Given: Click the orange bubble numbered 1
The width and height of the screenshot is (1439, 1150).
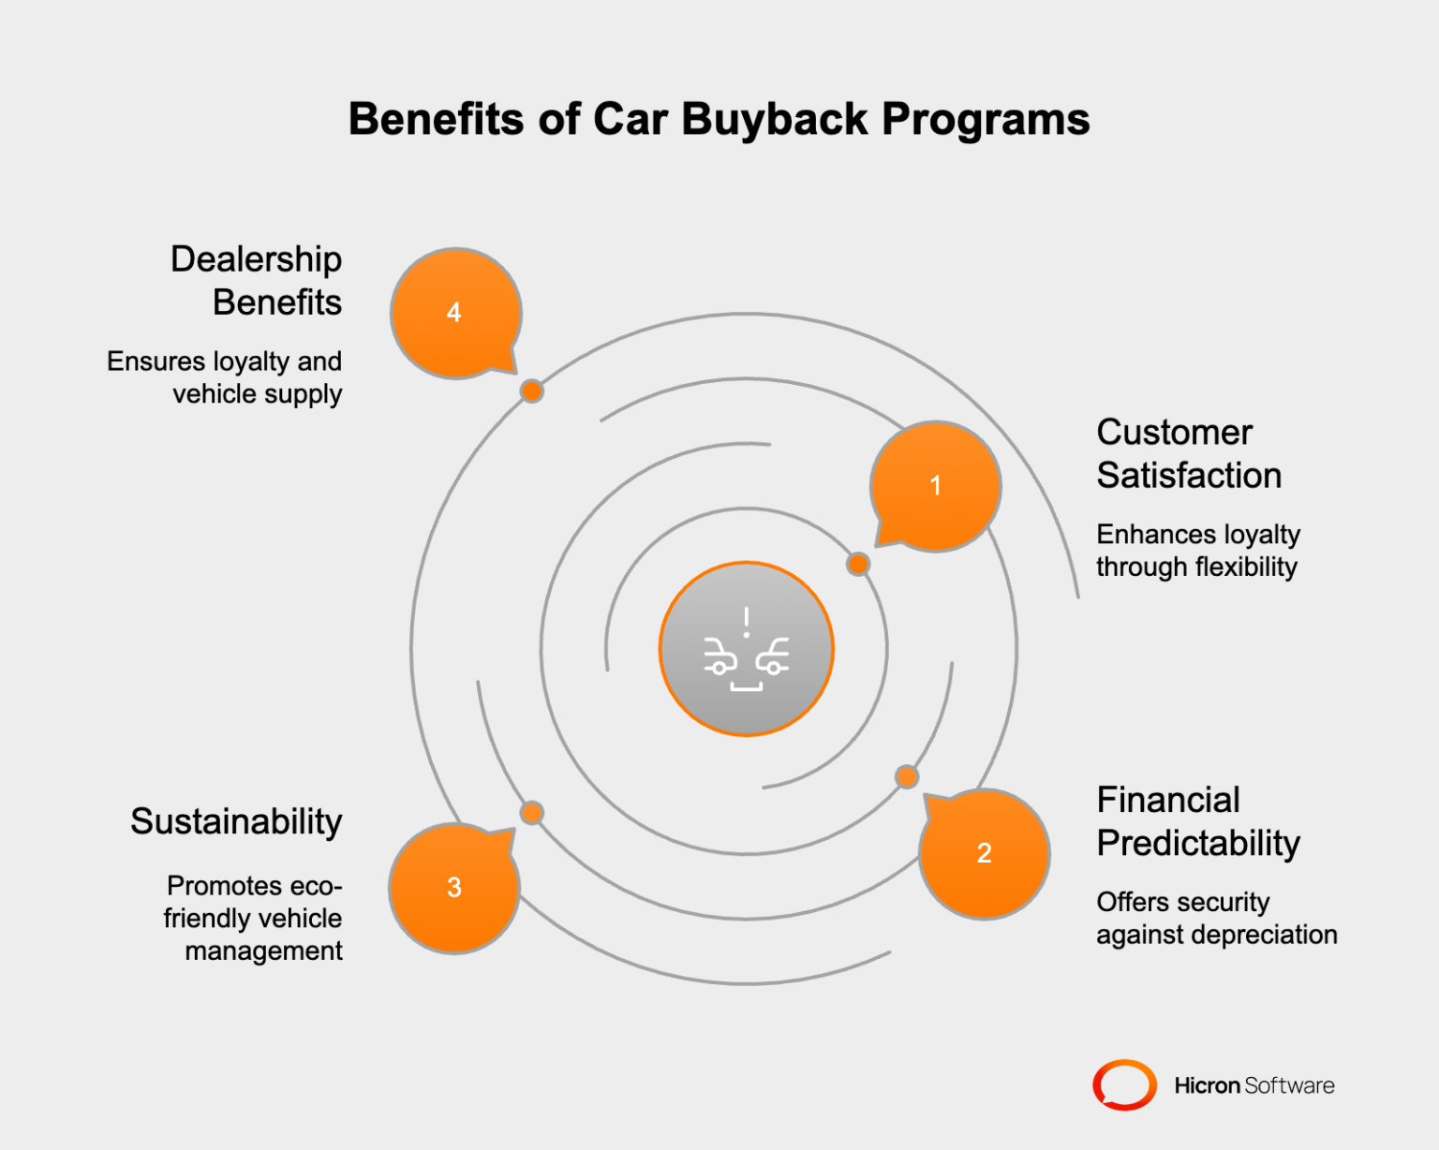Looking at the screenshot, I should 935,485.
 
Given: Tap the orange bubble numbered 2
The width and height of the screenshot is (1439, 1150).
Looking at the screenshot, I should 984,853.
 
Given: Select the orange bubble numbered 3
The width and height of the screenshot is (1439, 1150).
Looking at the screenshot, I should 454,888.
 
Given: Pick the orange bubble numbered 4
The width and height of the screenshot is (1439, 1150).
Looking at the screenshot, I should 454,313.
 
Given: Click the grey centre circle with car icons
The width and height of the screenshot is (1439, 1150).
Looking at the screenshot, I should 747,649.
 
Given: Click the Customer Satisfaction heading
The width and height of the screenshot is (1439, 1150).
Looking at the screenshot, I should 1188,454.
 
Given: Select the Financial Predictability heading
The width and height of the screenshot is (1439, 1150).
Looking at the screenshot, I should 1197,822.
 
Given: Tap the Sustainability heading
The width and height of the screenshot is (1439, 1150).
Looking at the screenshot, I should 236,821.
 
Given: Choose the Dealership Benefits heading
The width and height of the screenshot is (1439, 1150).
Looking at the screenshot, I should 257,281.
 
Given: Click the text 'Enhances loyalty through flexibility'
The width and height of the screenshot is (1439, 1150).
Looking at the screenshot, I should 1197,551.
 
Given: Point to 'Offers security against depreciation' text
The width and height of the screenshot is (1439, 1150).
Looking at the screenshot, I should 1216,919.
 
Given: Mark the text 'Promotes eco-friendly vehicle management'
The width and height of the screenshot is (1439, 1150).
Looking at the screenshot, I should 253,919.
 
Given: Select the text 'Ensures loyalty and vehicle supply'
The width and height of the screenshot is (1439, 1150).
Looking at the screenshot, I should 225,377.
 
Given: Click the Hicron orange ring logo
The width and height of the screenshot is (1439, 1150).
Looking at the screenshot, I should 1124,1085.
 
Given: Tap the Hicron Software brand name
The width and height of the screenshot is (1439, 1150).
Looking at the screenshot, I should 1254,1085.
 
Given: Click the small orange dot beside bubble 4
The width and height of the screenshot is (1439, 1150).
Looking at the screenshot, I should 531,391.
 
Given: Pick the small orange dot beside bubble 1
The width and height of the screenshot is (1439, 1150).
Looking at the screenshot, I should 857,564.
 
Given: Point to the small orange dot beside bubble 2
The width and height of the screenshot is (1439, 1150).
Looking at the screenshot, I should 906,776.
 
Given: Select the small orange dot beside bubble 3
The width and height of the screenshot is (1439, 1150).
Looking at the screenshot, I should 531,812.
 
